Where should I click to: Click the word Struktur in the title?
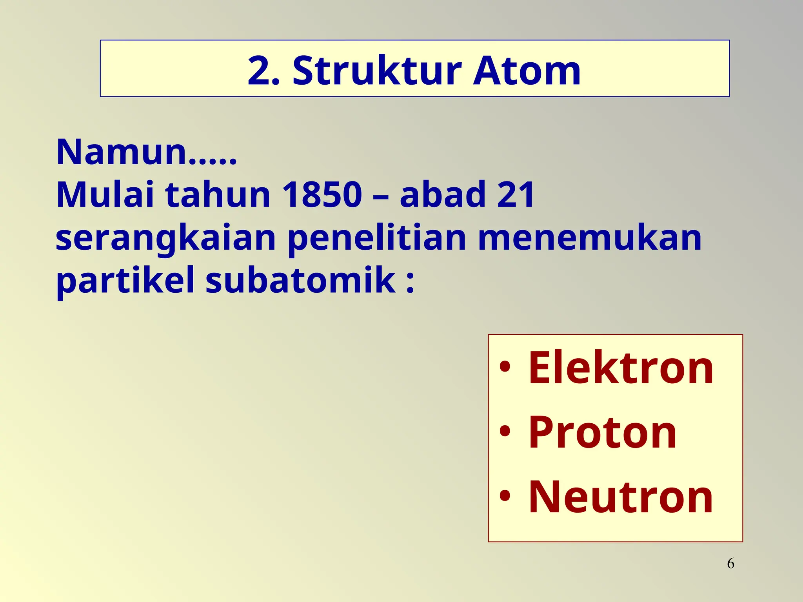(377, 71)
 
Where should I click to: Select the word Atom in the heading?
(527, 71)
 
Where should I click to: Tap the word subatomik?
(300, 280)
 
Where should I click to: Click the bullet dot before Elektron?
(505, 367)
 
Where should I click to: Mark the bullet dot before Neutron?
(505, 496)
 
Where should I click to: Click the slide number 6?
(730, 564)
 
